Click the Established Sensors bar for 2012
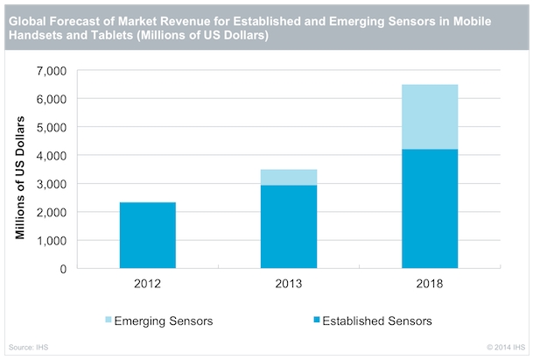[147, 236]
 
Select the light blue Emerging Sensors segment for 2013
[289, 177]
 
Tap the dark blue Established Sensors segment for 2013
[289, 227]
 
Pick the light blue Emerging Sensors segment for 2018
[430, 116]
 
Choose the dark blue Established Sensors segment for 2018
[430, 209]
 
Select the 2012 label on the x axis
[147, 284]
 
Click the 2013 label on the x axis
[289, 284]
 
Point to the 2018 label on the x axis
[430, 284]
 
